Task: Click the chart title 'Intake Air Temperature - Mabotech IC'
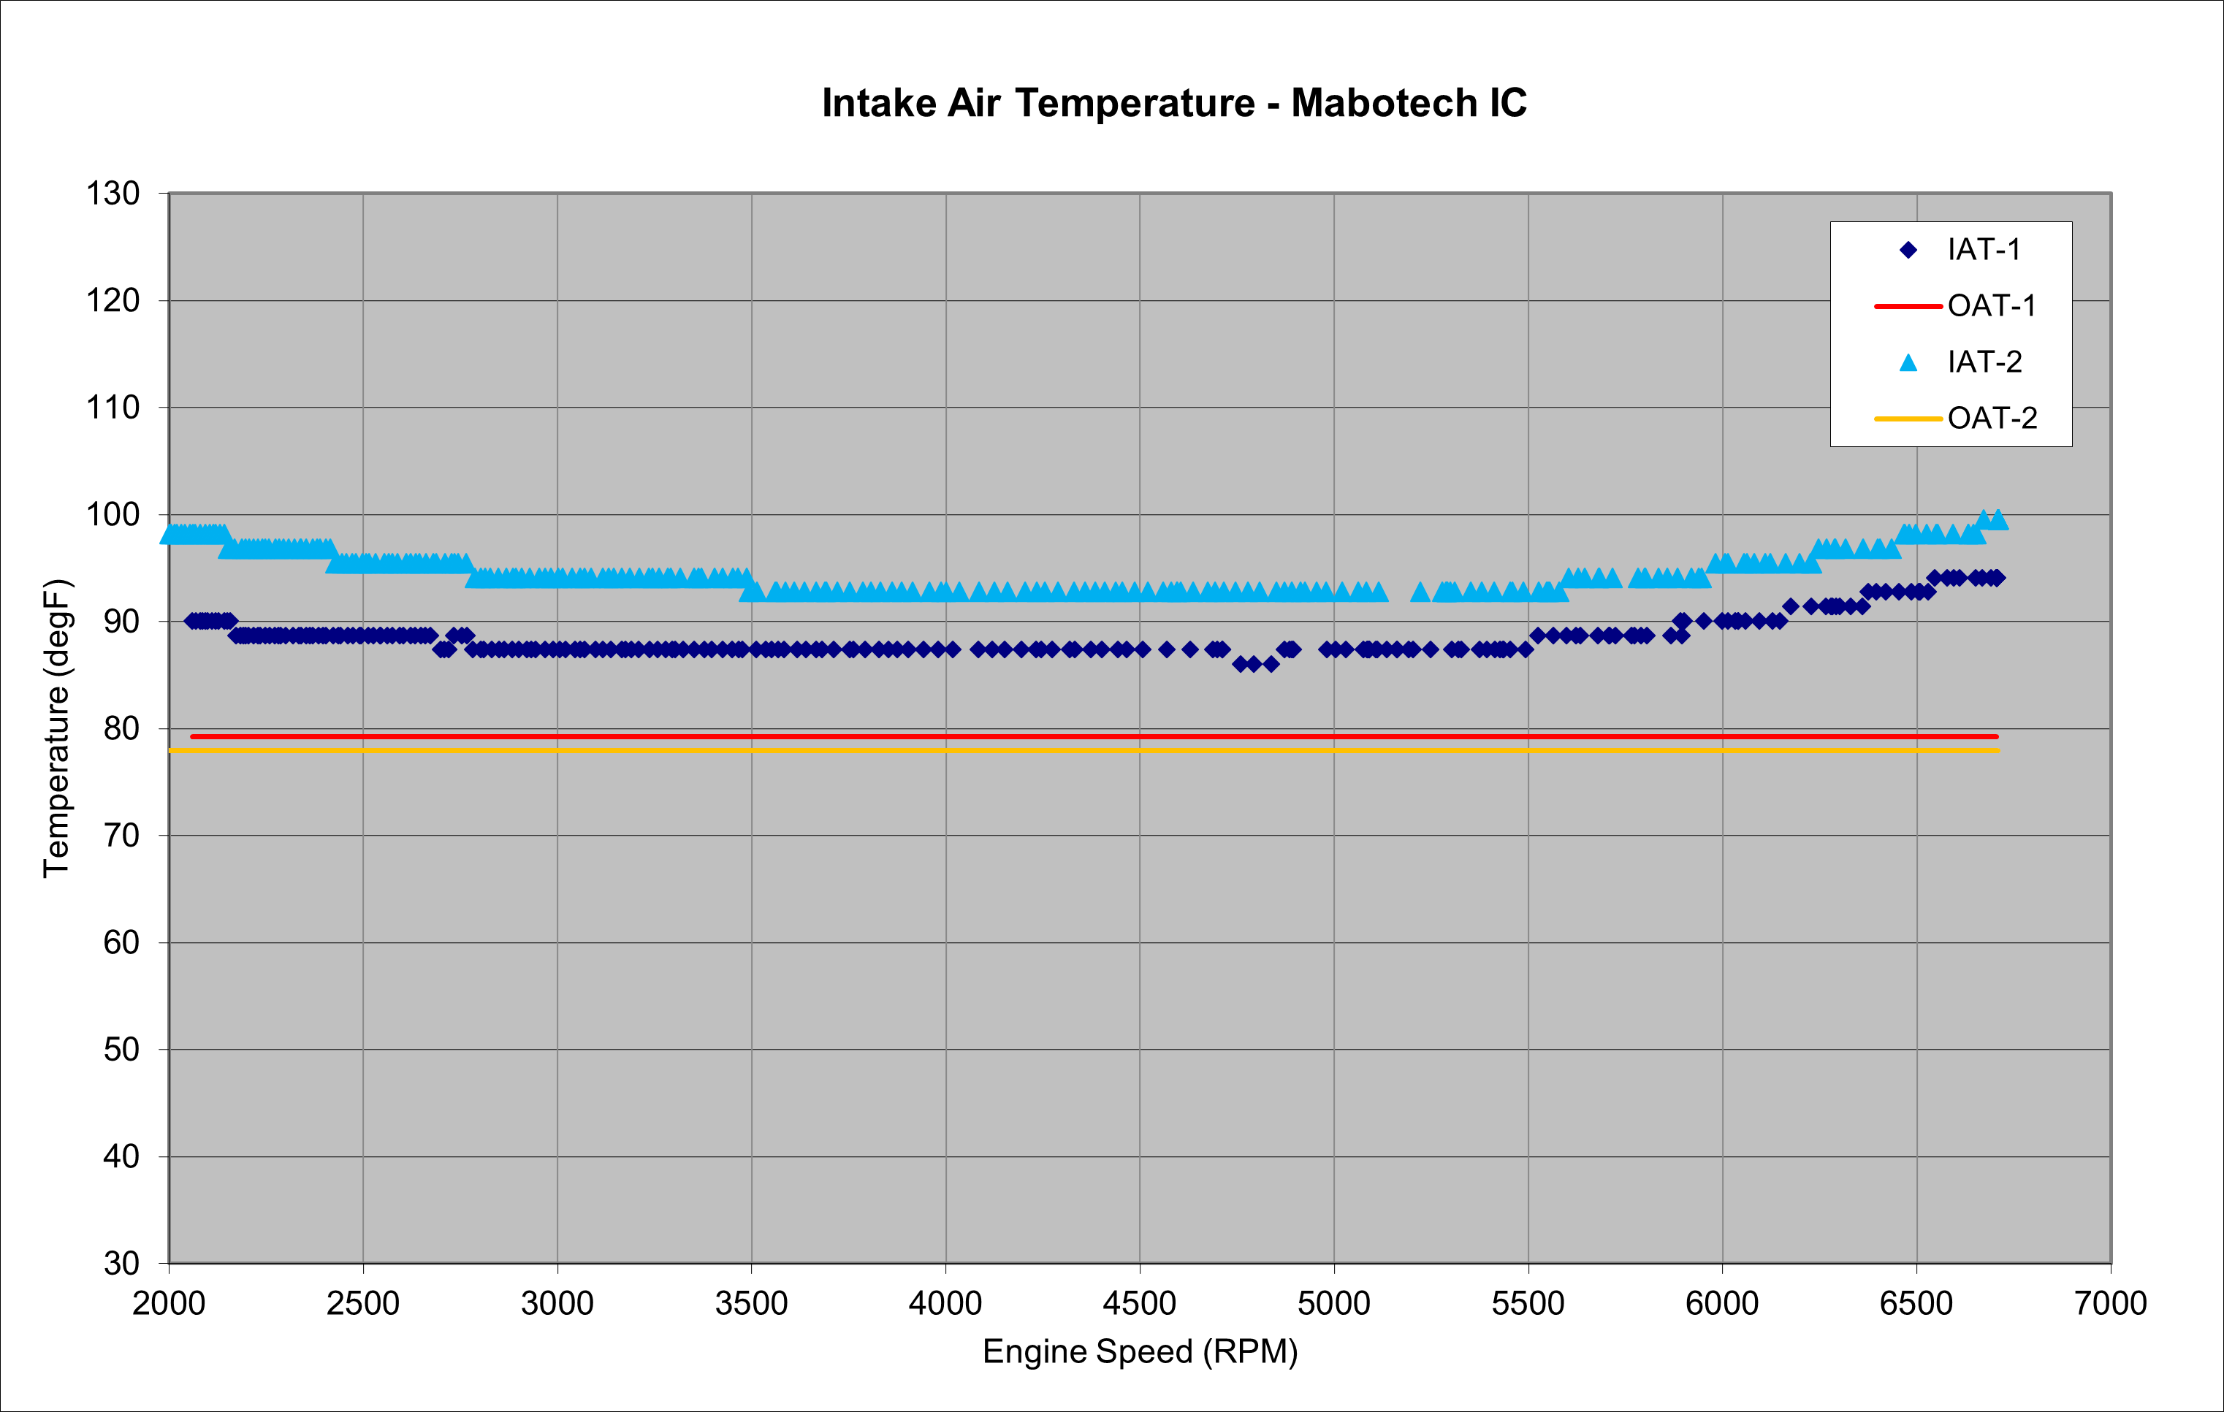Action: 1174,102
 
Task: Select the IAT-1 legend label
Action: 1984,249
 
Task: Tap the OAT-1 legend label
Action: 1991,305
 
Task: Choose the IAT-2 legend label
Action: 1985,362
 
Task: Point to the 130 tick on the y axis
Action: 113,194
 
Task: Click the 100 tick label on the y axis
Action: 113,514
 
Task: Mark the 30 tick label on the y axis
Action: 121,1262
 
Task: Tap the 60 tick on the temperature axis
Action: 121,942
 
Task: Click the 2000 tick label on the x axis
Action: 169,1303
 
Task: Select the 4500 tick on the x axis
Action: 1140,1303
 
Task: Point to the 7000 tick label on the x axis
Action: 2111,1303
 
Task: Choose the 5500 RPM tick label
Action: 1528,1303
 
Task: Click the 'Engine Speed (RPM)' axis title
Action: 1140,1351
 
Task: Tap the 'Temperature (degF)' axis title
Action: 56,728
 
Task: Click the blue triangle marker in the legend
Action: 1908,363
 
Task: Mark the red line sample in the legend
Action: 1908,305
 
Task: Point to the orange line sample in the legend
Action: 1908,419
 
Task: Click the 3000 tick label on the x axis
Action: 557,1303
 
